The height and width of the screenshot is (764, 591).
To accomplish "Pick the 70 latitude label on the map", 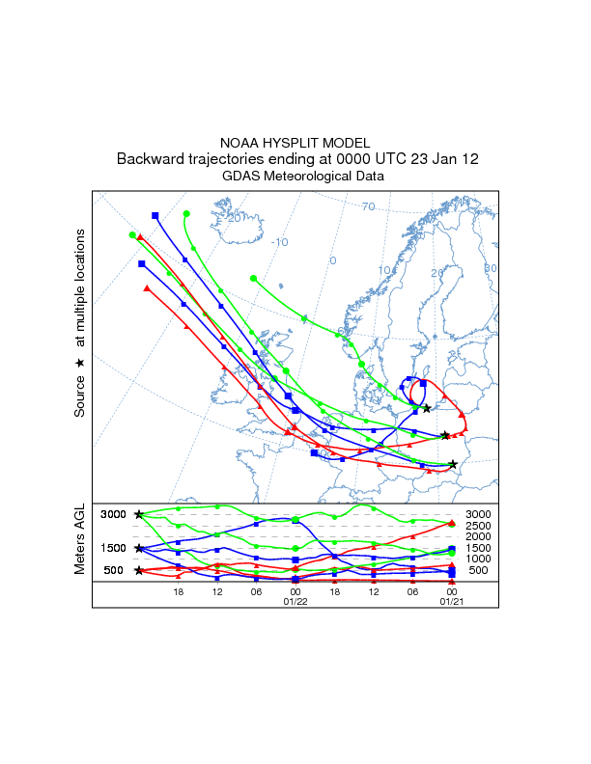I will pos(368,206).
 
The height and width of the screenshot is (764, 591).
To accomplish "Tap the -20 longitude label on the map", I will pos(233,218).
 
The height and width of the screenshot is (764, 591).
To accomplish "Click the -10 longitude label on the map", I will pos(280,242).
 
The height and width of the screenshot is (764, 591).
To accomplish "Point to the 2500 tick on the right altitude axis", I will pos(478,526).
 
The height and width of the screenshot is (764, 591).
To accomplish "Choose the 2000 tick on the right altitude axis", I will pos(478,537).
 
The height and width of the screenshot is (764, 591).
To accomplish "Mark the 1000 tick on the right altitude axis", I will pos(478,559).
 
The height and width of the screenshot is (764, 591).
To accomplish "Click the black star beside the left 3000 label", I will pos(139,515).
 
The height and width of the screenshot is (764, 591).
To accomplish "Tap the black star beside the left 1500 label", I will pos(139,548).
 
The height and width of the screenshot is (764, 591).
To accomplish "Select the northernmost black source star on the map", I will pos(426,409).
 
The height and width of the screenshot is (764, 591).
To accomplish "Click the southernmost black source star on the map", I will pos(453,464).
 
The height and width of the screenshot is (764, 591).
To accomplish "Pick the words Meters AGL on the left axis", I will pos(80,539).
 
